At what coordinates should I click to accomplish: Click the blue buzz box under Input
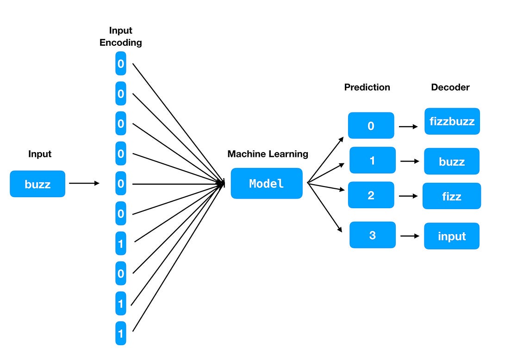click(x=37, y=184)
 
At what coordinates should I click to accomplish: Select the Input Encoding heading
click(x=120, y=37)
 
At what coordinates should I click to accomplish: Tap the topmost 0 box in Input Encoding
click(x=121, y=64)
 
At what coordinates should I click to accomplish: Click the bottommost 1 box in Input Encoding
click(x=121, y=333)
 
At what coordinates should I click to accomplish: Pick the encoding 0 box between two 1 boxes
click(x=121, y=273)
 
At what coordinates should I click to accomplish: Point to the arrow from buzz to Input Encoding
click(x=84, y=184)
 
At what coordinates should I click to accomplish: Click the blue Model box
click(x=267, y=184)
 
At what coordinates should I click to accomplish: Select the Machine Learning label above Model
click(x=268, y=154)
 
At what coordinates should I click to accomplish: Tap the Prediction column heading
click(x=367, y=87)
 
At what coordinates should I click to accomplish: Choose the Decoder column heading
click(x=450, y=87)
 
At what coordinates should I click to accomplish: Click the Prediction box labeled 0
click(x=371, y=125)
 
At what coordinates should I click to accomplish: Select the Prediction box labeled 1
click(x=372, y=160)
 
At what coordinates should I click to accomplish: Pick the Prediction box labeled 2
click(x=371, y=195)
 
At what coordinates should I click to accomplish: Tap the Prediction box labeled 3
click(x=372, y=235)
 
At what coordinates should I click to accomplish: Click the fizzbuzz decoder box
click(x=452, y=122)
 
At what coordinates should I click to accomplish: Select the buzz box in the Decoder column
click(x=451, y=161)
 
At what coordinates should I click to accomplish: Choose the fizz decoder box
click(x=451, y=196)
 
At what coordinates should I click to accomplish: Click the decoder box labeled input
click(x=451, y=236)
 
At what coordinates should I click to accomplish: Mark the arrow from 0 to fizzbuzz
click(x=408, y=126)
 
